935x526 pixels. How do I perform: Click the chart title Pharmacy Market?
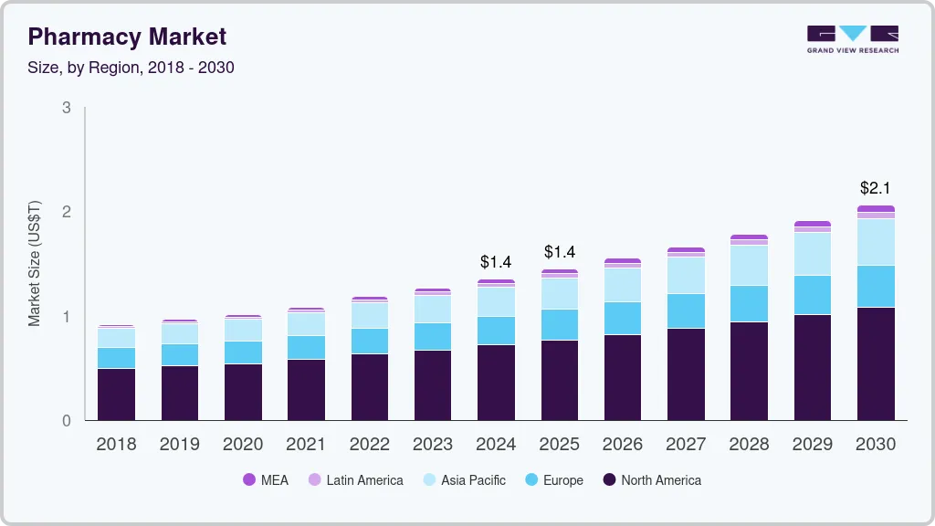(127, 37)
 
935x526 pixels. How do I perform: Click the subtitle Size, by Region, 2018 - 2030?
(131, 68)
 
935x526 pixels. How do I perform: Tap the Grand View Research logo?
(852, 39)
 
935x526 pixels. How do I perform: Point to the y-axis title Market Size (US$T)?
(35, 264)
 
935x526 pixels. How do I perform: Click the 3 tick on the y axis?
(66, 108)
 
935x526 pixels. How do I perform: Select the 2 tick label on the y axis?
(66, 212)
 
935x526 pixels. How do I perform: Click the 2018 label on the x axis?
(116, 445)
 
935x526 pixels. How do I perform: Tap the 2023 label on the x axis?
(433, 445)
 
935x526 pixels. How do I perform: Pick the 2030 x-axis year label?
(876, 445)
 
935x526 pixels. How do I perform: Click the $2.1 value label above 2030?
(876, 188)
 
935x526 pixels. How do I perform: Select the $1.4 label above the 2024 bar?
(496, 262)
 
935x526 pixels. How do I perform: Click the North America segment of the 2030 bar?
(876, 363)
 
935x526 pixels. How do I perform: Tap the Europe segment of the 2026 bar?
(623, 318)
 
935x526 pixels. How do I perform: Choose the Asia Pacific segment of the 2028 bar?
(749, 265)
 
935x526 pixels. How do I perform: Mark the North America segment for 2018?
(116, 394)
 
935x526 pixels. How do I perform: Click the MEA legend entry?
(266, 480)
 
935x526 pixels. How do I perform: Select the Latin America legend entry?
(355, 480)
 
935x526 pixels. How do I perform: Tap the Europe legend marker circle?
(531, 480)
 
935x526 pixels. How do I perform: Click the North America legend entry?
(652, 480)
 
